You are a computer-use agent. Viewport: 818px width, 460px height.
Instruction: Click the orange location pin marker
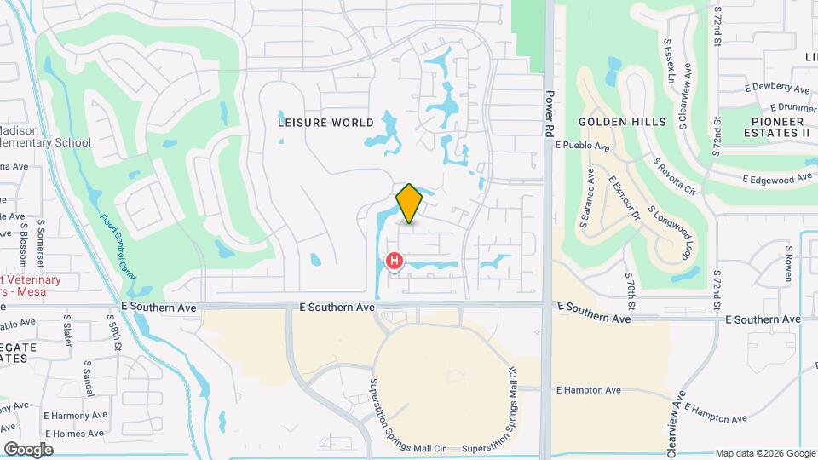tap(410, 204)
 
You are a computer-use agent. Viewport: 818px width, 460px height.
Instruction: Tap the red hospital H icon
tap(395, 261)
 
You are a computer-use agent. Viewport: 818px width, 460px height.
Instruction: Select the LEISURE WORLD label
tap(325, 123)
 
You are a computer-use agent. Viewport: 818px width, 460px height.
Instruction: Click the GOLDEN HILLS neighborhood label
tap(622, 122)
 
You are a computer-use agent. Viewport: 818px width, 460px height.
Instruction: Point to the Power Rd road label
tap(551, 111)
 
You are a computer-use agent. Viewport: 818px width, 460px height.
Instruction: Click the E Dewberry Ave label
tap(776, 89)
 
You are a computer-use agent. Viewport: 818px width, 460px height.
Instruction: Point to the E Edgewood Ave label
tap(777, 179)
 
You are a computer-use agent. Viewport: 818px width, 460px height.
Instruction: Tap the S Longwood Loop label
tap(669, 232)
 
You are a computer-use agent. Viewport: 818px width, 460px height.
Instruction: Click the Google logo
tap(28, 450)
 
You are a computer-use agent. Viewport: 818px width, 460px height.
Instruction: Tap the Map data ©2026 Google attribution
tap(764, 453)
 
